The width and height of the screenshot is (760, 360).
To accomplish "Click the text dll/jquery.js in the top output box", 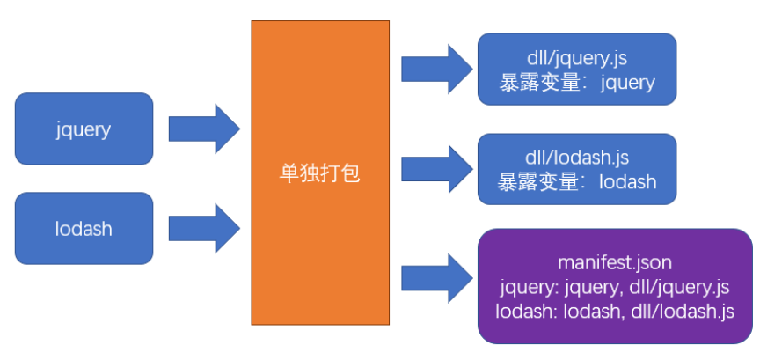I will pyautogui.click(x=576, y=60).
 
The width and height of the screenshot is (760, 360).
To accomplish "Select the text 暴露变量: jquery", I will pyautogui.click(x=576, y=83).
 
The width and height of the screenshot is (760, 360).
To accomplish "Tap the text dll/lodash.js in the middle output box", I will pyautogui.click(x=576, y=159).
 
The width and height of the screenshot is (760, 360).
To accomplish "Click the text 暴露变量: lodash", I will pyautogui.click(x=576, y=182).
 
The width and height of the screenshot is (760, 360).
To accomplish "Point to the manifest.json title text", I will pyautogui.click(x=614, y=262).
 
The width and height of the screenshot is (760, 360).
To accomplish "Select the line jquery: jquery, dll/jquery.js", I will pyautogui.click(x=614, y=287).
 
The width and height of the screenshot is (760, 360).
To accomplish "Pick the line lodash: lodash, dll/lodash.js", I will pyautogui.click(x=614, y=311).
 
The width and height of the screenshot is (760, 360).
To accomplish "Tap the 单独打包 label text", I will pyautogui.click(x=320, y=173).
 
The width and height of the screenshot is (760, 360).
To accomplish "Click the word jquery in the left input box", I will pyautogui.click(x=84, y=129).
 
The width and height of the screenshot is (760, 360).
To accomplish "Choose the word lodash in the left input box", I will pyautogui.click(x=84, y=229).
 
